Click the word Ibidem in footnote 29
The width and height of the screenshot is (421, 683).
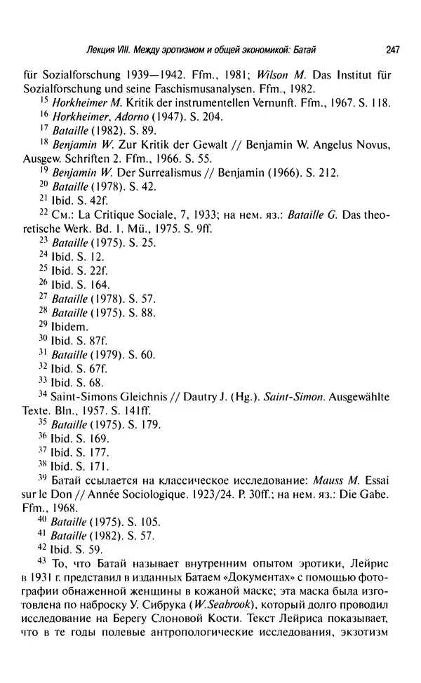click(x=69, y=326)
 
